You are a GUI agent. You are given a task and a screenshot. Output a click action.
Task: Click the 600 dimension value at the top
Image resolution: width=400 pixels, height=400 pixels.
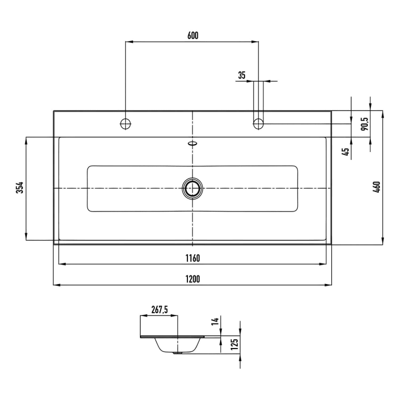[193, 35]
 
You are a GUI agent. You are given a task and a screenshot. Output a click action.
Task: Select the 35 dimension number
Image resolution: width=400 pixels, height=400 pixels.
[241, 75]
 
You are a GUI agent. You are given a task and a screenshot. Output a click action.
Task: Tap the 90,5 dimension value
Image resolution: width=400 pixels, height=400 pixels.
[364, 124]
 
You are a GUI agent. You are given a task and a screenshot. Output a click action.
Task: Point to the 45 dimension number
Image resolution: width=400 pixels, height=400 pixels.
[345, 152]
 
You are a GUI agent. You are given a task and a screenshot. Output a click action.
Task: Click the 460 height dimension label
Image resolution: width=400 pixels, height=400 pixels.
[376, 187]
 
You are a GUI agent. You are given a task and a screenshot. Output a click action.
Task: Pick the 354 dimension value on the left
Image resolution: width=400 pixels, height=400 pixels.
[19, 187]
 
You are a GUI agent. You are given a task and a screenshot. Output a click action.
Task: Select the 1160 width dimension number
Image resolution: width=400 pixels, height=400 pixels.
[193, 258]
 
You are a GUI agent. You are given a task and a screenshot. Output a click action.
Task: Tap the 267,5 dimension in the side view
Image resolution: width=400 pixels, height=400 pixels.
[159, 310]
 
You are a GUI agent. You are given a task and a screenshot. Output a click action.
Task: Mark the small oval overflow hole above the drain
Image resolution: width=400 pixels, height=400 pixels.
[193, 143]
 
